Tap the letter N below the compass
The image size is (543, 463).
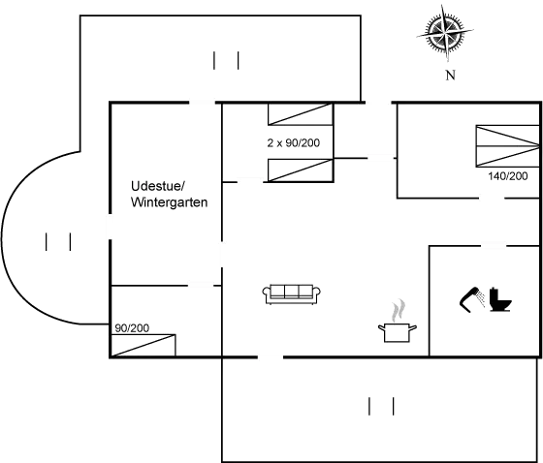click(x=449, y=75)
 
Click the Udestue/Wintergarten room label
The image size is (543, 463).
click(x=170, y=194)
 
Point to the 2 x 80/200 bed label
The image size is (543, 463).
click(x=293, y=142)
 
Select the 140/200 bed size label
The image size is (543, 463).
click(x=508, y=177)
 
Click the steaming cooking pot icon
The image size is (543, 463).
click(x=396, y=325)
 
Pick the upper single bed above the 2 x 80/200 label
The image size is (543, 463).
click(x=302, y=115)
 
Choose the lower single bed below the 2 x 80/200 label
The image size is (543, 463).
click(x=302, y=170)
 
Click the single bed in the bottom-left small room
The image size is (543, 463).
click(x=145, y=344)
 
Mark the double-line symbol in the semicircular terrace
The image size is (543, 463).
click(x=57, y=241)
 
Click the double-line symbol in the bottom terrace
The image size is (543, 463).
click(x=382, y=407)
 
